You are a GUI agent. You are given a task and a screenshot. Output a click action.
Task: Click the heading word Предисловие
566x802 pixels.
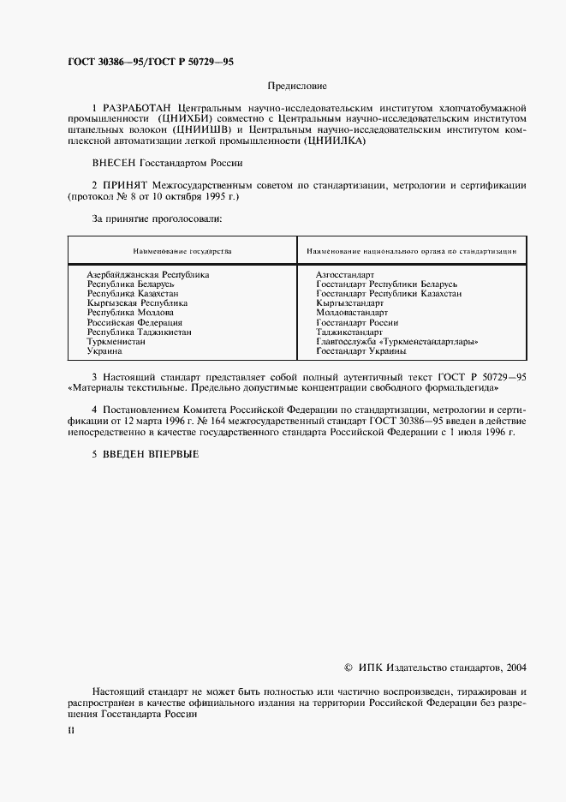(x=297, y=86)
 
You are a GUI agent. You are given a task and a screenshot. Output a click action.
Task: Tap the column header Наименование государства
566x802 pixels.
(x=182, y=252)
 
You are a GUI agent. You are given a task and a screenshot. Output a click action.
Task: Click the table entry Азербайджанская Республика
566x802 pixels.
(x=148, y=274)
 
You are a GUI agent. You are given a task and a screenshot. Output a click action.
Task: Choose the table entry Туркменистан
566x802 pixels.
(x=116, y=341)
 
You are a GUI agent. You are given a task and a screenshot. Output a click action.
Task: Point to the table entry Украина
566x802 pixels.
(x=104, y=350)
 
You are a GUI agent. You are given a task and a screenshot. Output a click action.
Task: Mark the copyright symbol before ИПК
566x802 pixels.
(x=347, y=667)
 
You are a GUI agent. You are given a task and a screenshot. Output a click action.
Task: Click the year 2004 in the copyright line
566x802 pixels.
(x=516, y=667)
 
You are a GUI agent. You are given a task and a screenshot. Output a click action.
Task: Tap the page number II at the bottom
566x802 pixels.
(x=71, y=731)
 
